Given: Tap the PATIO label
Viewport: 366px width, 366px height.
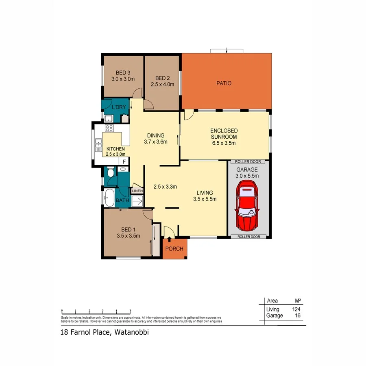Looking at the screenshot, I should click(224, 83).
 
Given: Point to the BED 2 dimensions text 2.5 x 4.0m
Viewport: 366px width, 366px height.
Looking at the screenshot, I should click(162, 85).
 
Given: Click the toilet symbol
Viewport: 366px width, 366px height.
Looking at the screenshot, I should click(110, 173).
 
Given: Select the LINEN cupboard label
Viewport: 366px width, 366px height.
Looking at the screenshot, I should click(137, 190).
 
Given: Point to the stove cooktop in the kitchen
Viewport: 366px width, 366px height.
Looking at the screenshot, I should click(109, 128).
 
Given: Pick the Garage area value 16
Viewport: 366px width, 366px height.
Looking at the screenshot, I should click(297, 316).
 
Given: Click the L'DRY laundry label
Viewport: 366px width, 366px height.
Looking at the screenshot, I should click(119, 107).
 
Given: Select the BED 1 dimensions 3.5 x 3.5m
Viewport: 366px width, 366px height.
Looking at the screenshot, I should click(129, 235).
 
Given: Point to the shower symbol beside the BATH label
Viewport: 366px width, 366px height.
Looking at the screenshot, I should click(137, 200).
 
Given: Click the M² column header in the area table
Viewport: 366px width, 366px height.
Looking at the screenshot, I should click(297, 301).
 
